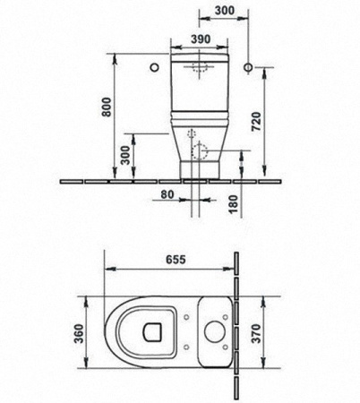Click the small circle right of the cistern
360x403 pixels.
tap(257, 66)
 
